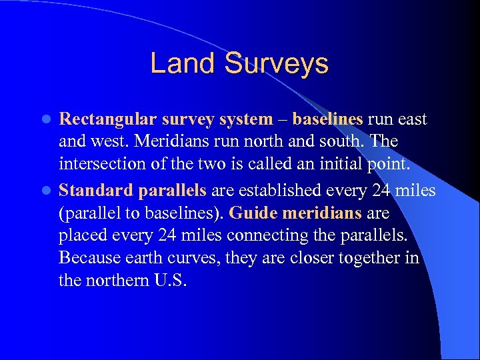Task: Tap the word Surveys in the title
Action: pos(277,64)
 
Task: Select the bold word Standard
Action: pos(95,190)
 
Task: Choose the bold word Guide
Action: pos(253,213)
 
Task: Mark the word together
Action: pos(366,259)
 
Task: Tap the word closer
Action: pos(304,259)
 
